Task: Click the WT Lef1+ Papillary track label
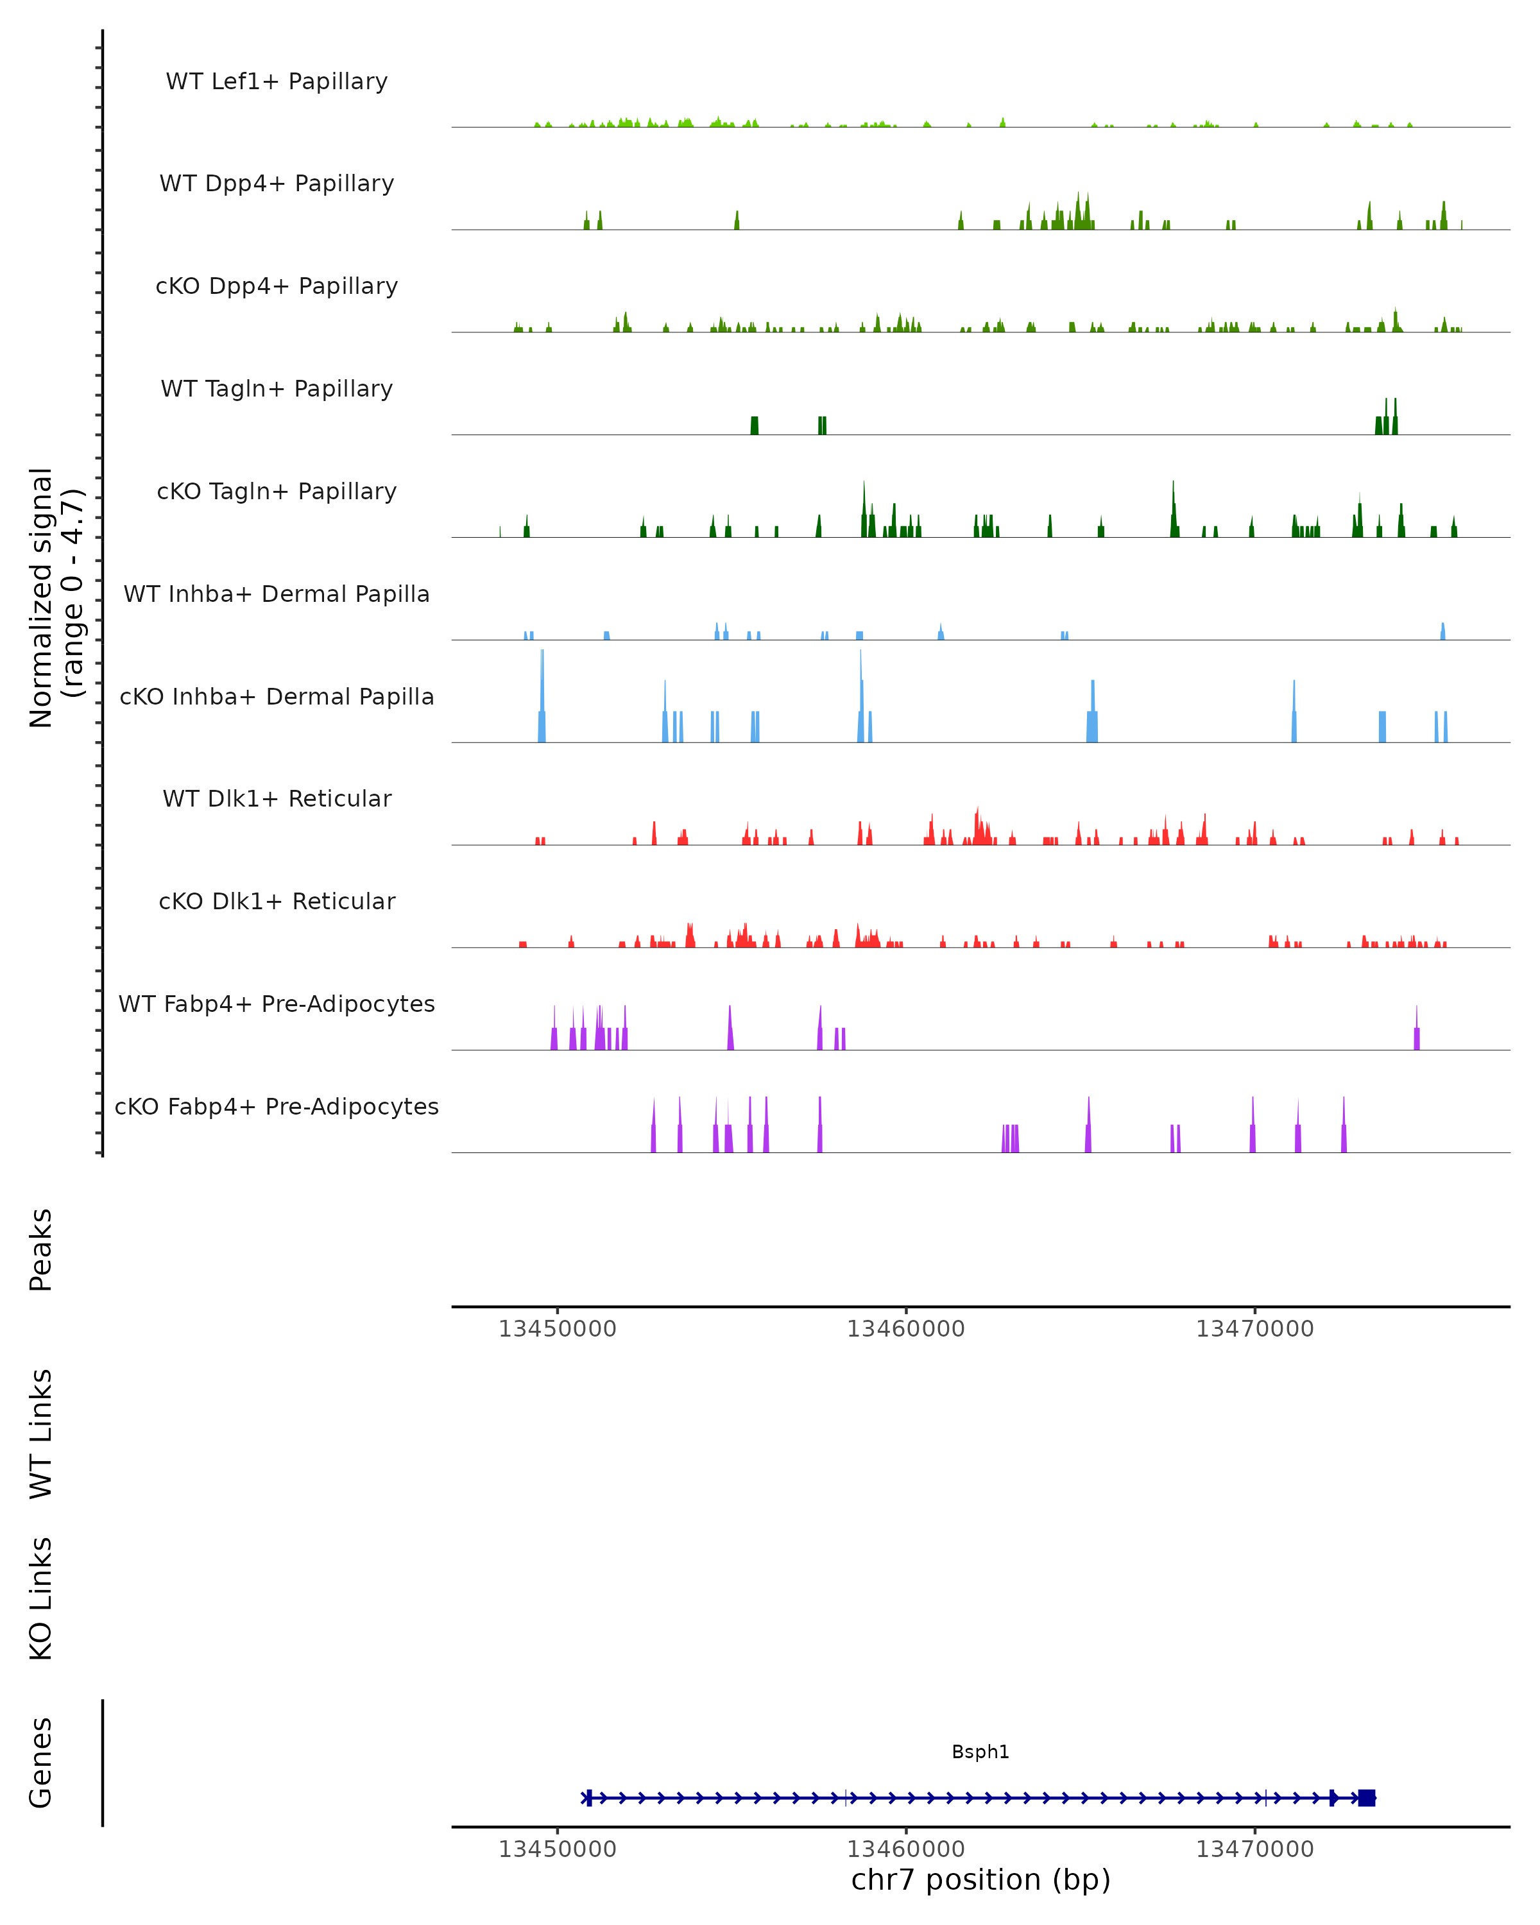tap(277, 81)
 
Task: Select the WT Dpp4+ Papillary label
tap(277, 184)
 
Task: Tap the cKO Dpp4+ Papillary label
tap(277, 287)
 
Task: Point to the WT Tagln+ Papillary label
tap(277, 389)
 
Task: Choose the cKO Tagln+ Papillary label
tap(277, 492)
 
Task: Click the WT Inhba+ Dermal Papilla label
tap(277, 595)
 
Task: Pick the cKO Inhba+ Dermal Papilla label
tap(277, 697)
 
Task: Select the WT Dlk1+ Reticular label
tap(277, 799)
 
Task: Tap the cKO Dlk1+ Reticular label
tap(277, 902)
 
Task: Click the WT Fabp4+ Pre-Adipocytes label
tap(277, 1004)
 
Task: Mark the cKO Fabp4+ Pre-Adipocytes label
tap(277, 1107)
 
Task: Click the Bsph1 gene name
tap(980, 1752)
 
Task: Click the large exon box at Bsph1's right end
tap(1366, 1798)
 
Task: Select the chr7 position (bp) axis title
tap(980, 1880)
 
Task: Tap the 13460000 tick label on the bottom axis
tap(905, 1849)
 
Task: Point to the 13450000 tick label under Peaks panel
tap(557, 1330)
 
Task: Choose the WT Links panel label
tap(41, 1433)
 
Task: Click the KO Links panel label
tap(41, 1598)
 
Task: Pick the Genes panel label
tap(41, 1763)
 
